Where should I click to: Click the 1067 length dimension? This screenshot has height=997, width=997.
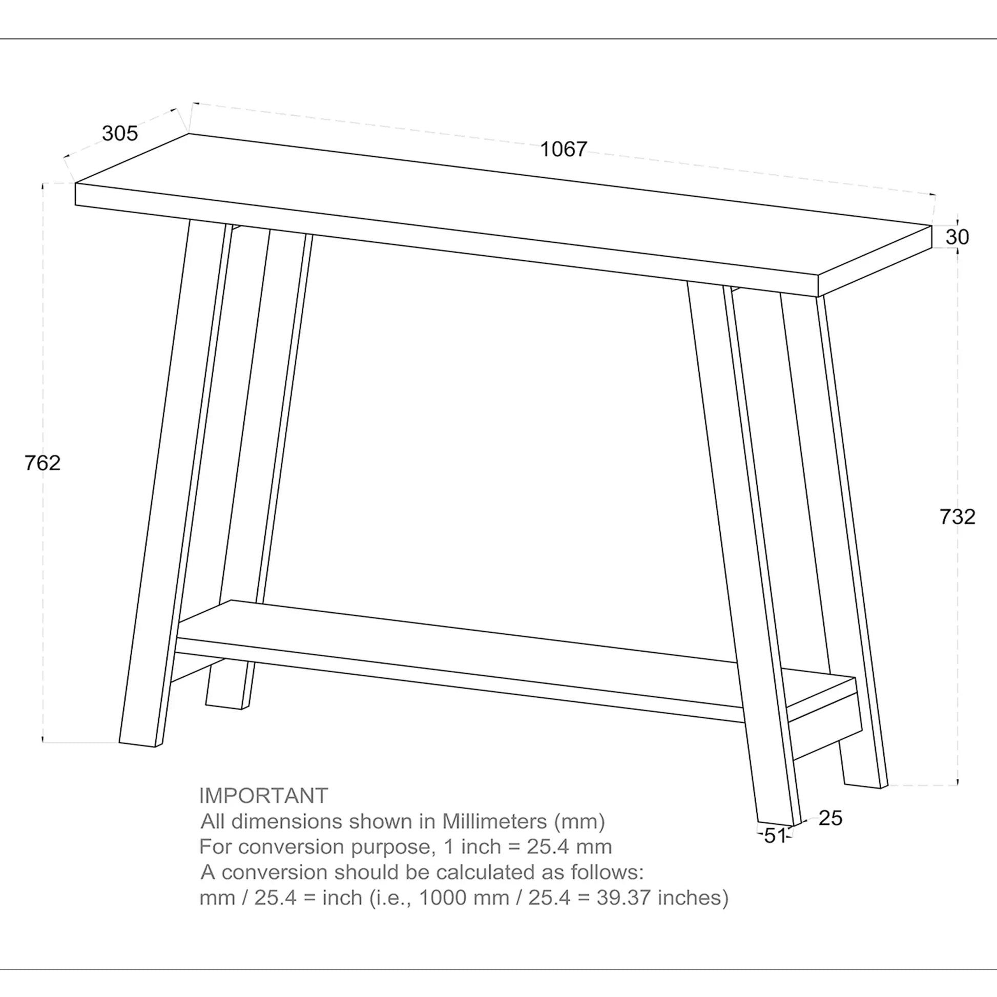coord(563,149)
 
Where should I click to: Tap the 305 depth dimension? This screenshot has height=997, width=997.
coord(120,133)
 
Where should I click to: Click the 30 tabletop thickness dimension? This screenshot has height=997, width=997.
coord(957,237)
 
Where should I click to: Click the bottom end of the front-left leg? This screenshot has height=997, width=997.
coord(137,743)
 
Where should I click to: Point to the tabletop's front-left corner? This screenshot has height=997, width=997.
coord(76,194)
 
